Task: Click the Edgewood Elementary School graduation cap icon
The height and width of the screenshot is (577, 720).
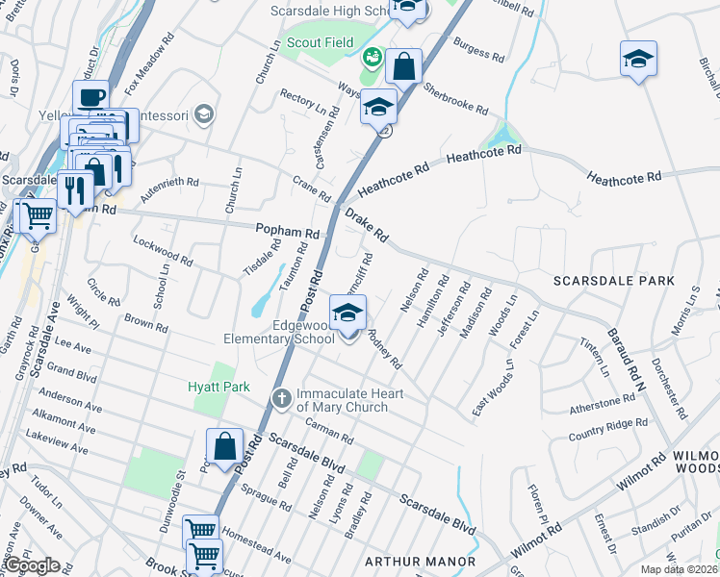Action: tap(347, 313)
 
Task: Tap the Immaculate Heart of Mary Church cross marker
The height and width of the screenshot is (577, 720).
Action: tap(281, 396)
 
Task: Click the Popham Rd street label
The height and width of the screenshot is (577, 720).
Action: tap(287, 232)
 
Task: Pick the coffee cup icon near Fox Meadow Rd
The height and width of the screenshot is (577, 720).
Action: tap(90, 97)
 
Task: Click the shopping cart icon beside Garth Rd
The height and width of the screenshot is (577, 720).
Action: tap(38, 215)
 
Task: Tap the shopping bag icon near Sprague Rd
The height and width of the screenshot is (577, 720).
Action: tap(224, 447)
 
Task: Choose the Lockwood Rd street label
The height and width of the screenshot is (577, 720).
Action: tap(163, 253)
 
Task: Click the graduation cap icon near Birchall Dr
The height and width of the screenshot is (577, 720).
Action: tap(638, 59)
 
